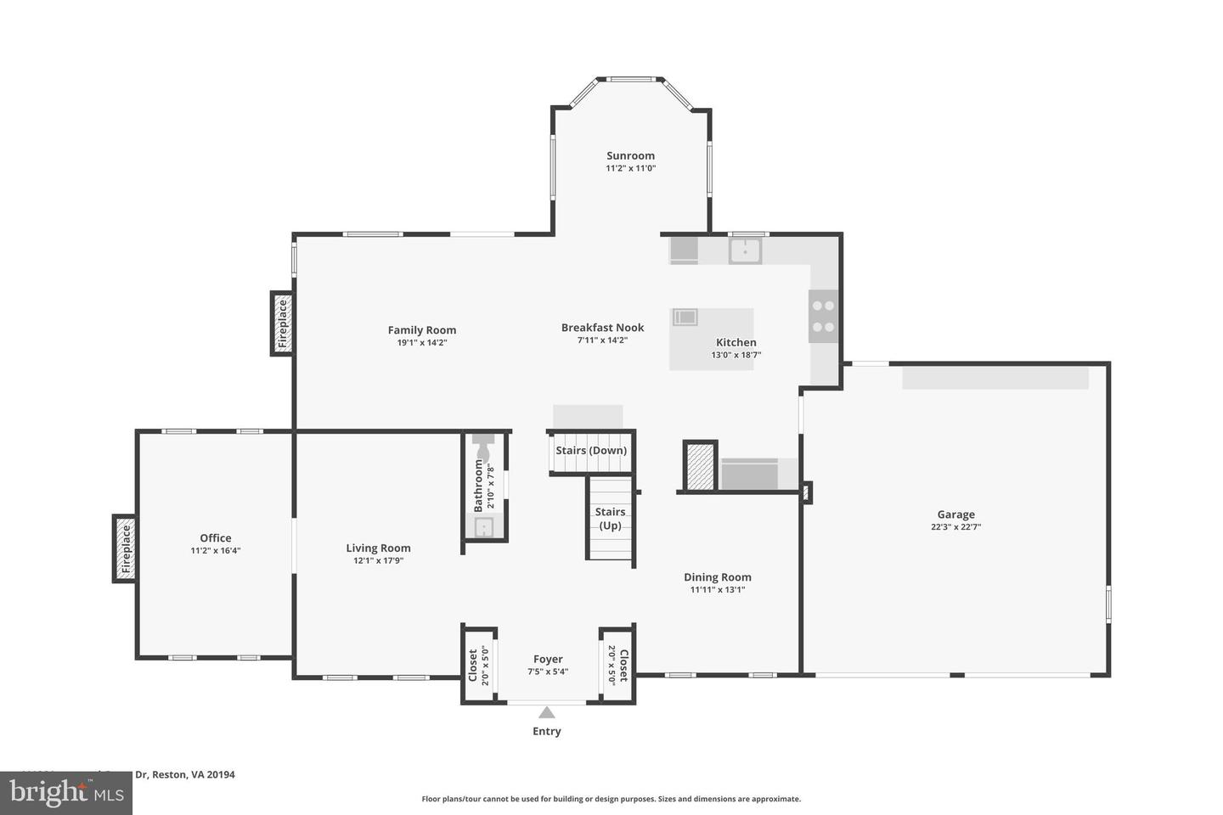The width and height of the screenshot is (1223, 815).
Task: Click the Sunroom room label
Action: pos(630,155)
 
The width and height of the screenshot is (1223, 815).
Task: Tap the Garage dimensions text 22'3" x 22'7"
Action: pos(955,527)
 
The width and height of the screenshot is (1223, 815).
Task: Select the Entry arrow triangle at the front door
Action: pos(547,713)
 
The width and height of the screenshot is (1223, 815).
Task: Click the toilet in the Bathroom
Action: pos(483,447)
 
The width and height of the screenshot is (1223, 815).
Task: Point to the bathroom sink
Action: pos(483,528)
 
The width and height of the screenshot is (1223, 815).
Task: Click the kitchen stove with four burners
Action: pos(823,316)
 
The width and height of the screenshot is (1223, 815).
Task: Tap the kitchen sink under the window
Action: pos(746,251)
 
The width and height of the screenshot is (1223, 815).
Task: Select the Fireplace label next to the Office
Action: pos(126,549)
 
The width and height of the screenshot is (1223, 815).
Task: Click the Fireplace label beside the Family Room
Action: pos(283,323)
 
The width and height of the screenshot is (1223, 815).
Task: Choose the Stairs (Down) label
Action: pos(591,450)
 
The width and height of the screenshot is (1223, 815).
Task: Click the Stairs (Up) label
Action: pos(610,519)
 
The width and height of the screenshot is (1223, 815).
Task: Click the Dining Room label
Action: pos(718,577)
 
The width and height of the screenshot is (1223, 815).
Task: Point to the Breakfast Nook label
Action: pos(602,328)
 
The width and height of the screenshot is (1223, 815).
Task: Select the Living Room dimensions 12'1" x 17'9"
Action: pos(378,561)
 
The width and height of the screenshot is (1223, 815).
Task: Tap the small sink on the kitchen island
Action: pos(685,318)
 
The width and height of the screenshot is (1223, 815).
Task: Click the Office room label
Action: pos(216,538)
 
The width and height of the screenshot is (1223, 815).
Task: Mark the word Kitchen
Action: pos(735,343)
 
